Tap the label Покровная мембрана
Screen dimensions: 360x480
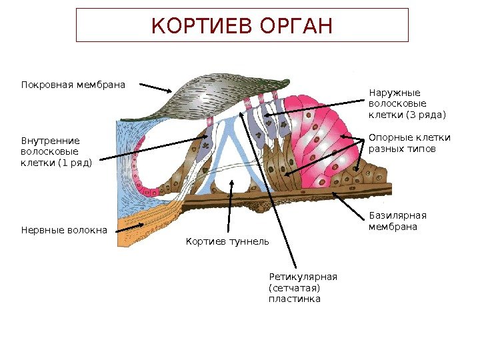(73, 85)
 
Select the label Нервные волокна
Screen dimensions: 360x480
(64, 230)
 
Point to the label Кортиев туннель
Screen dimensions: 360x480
(227, 241)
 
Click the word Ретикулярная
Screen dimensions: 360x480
(303, 277)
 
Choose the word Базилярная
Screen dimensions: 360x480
(397, 215)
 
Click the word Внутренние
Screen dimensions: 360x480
(50, 141)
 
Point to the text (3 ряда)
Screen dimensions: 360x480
(424, 115)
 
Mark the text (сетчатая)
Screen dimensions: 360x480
(294, 288)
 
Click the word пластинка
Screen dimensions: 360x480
(294, 299)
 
